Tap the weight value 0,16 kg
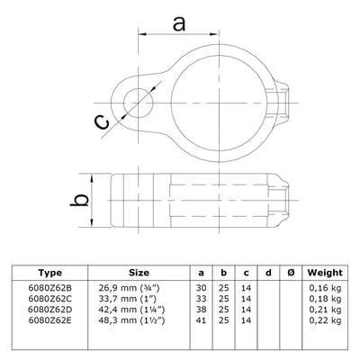point(323,287)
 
